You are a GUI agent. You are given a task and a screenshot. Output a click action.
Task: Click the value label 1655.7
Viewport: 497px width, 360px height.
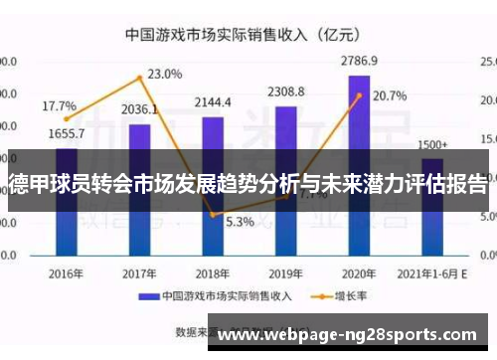click(66, 133)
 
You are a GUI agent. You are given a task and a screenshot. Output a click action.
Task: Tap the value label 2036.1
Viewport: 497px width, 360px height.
click(140, 109)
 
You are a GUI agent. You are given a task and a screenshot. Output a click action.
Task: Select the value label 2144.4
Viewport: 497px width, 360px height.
click(213, 102)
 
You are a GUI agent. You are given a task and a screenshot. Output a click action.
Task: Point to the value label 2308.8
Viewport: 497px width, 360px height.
click(286, 92)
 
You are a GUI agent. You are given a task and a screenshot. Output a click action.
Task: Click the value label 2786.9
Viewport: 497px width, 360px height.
click(359, 61)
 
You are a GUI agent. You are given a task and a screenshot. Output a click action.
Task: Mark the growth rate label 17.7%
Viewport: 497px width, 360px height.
click(59, 105)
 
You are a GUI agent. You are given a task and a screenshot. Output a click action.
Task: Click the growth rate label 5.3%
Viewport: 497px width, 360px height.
click(240, 221)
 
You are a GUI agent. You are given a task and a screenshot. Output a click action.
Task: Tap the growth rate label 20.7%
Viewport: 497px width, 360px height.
click(390, 96)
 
